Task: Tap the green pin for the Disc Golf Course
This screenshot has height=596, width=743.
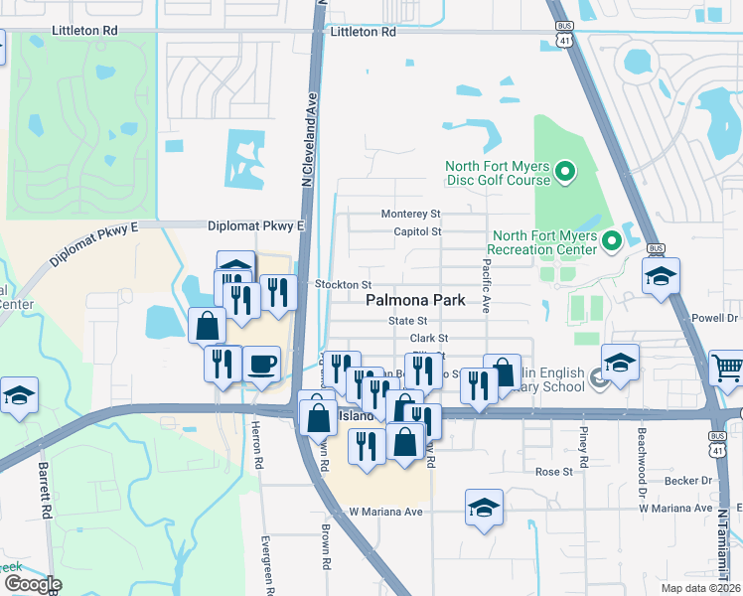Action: click(x=565, y=173)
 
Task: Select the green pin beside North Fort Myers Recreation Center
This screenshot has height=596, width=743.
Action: click(x=613, y=240)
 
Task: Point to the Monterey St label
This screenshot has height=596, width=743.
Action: click(x=410, y=214)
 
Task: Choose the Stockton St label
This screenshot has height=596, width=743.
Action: click(x=343, y=284)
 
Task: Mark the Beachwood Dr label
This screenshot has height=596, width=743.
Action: click(x=643, y=448)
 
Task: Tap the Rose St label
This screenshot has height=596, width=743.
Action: click(x=554, y=472)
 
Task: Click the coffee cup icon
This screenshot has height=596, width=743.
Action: click(x=261, y=363)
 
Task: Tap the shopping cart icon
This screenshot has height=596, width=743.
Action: click(x=727, y=367)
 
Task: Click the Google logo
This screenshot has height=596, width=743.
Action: click(x=32, y=584)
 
